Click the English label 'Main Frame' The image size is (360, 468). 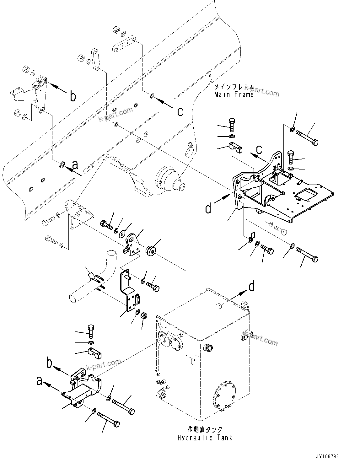(x=234, y=94)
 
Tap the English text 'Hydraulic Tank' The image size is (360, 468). (x=205, y=438)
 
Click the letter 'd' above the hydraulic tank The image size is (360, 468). (x=252, y=286)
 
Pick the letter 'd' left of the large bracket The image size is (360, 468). (x=208, y=208)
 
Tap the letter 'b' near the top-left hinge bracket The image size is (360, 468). (x=73, y=96)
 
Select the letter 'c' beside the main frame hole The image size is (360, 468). (x=180, y=111)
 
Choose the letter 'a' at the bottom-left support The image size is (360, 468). (x=39, y=381)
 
